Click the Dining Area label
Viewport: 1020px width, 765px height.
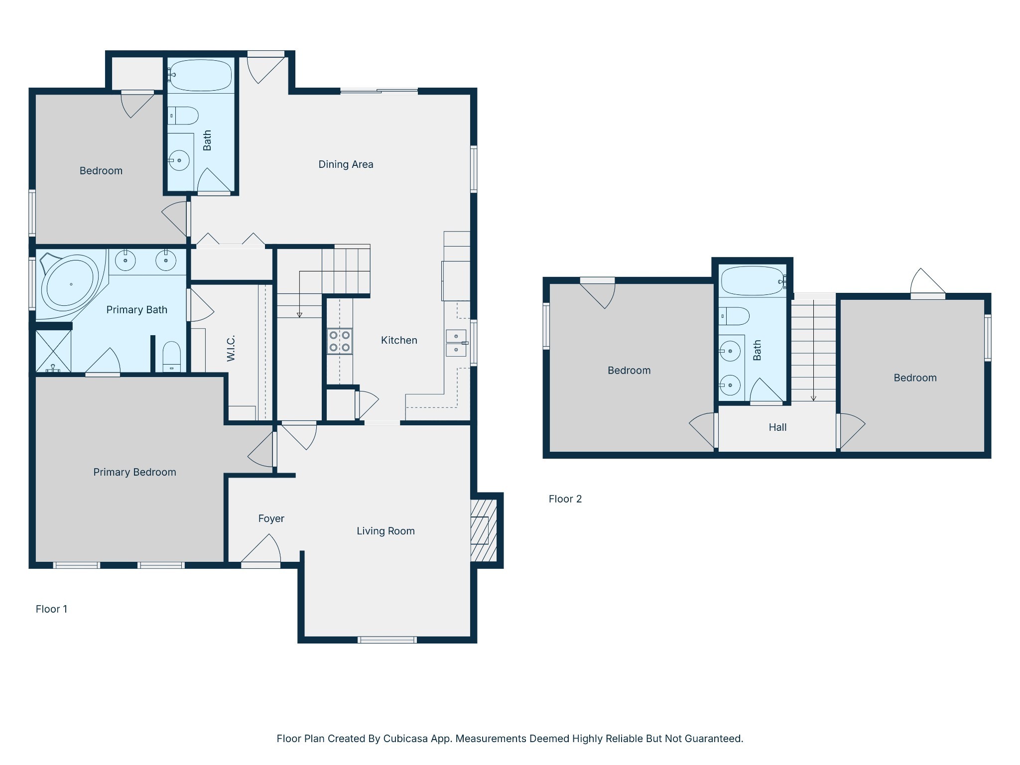pyautogui.click(x=346, y=164)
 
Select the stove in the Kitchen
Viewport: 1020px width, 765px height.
pyautogui.click(x=340, y=342)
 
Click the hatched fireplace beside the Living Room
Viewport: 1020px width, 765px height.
pyautogui.click(x=484, y=530)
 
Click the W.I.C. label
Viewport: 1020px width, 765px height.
pyautogui.click(x=231, y=348)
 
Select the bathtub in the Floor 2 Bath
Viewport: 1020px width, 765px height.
pyautogui.click(x=753, y=281)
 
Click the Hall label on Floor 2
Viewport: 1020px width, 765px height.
pyautogui.click(x=777, y=427)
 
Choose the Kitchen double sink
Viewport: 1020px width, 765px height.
pyautogui.click(x=456, y=343)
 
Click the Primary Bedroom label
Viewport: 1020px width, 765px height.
pyautogui.click(x=134, y=472)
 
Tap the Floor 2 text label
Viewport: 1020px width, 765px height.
pyautogui.click(x=565, y=499)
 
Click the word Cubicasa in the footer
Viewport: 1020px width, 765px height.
pyautogui.click(x=405, y=739)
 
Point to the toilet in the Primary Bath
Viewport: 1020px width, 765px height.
pyautogui.click(x=172, y=356)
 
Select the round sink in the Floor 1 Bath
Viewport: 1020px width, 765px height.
pyautogui.click(x=179, y=160)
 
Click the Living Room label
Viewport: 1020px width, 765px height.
pyautogui.click(x=385, y=531)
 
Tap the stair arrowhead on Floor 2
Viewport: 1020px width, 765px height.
pyautogui.click(x=813, y=398)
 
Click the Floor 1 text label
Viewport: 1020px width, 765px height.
pyautogui.click(x=51, y=609)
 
